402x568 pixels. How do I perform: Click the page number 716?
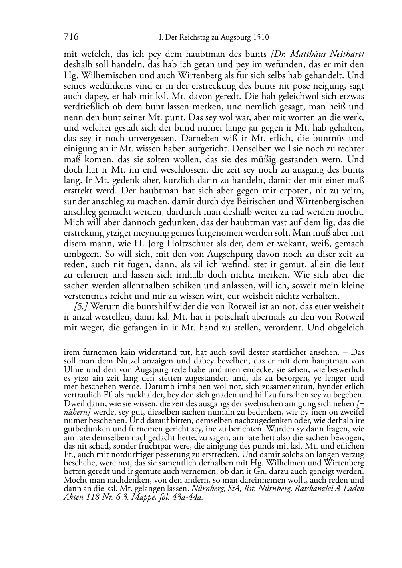click(x=70, y=37)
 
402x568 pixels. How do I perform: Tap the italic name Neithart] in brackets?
click(x=348, y=54)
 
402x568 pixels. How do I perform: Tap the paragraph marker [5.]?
click(x=81, y=306)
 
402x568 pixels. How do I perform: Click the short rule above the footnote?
click(x=79, y=345)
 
